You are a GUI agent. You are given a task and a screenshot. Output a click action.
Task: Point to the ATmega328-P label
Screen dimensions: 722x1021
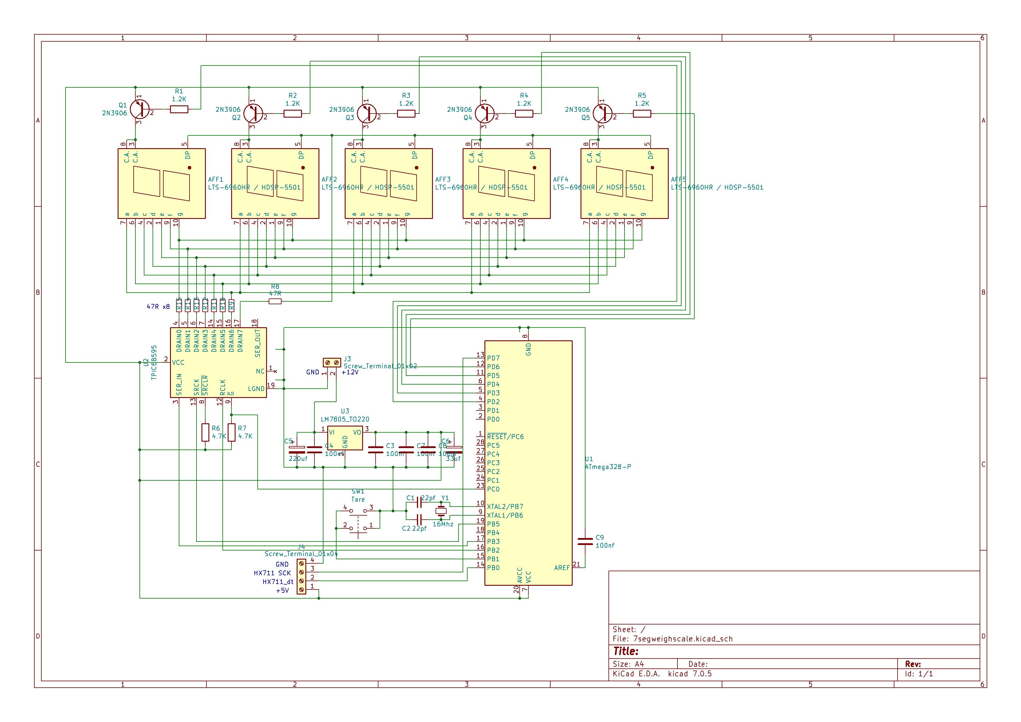[607, 467]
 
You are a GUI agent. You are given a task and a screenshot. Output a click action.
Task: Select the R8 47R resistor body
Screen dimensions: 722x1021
[275, 301]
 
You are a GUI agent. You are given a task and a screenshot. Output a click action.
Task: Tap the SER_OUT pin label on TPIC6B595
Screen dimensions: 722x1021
[258, 343]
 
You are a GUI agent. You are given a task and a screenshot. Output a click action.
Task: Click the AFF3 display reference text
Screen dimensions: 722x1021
[443, 180]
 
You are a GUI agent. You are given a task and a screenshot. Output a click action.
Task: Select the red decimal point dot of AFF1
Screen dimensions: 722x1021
[190, 168]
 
